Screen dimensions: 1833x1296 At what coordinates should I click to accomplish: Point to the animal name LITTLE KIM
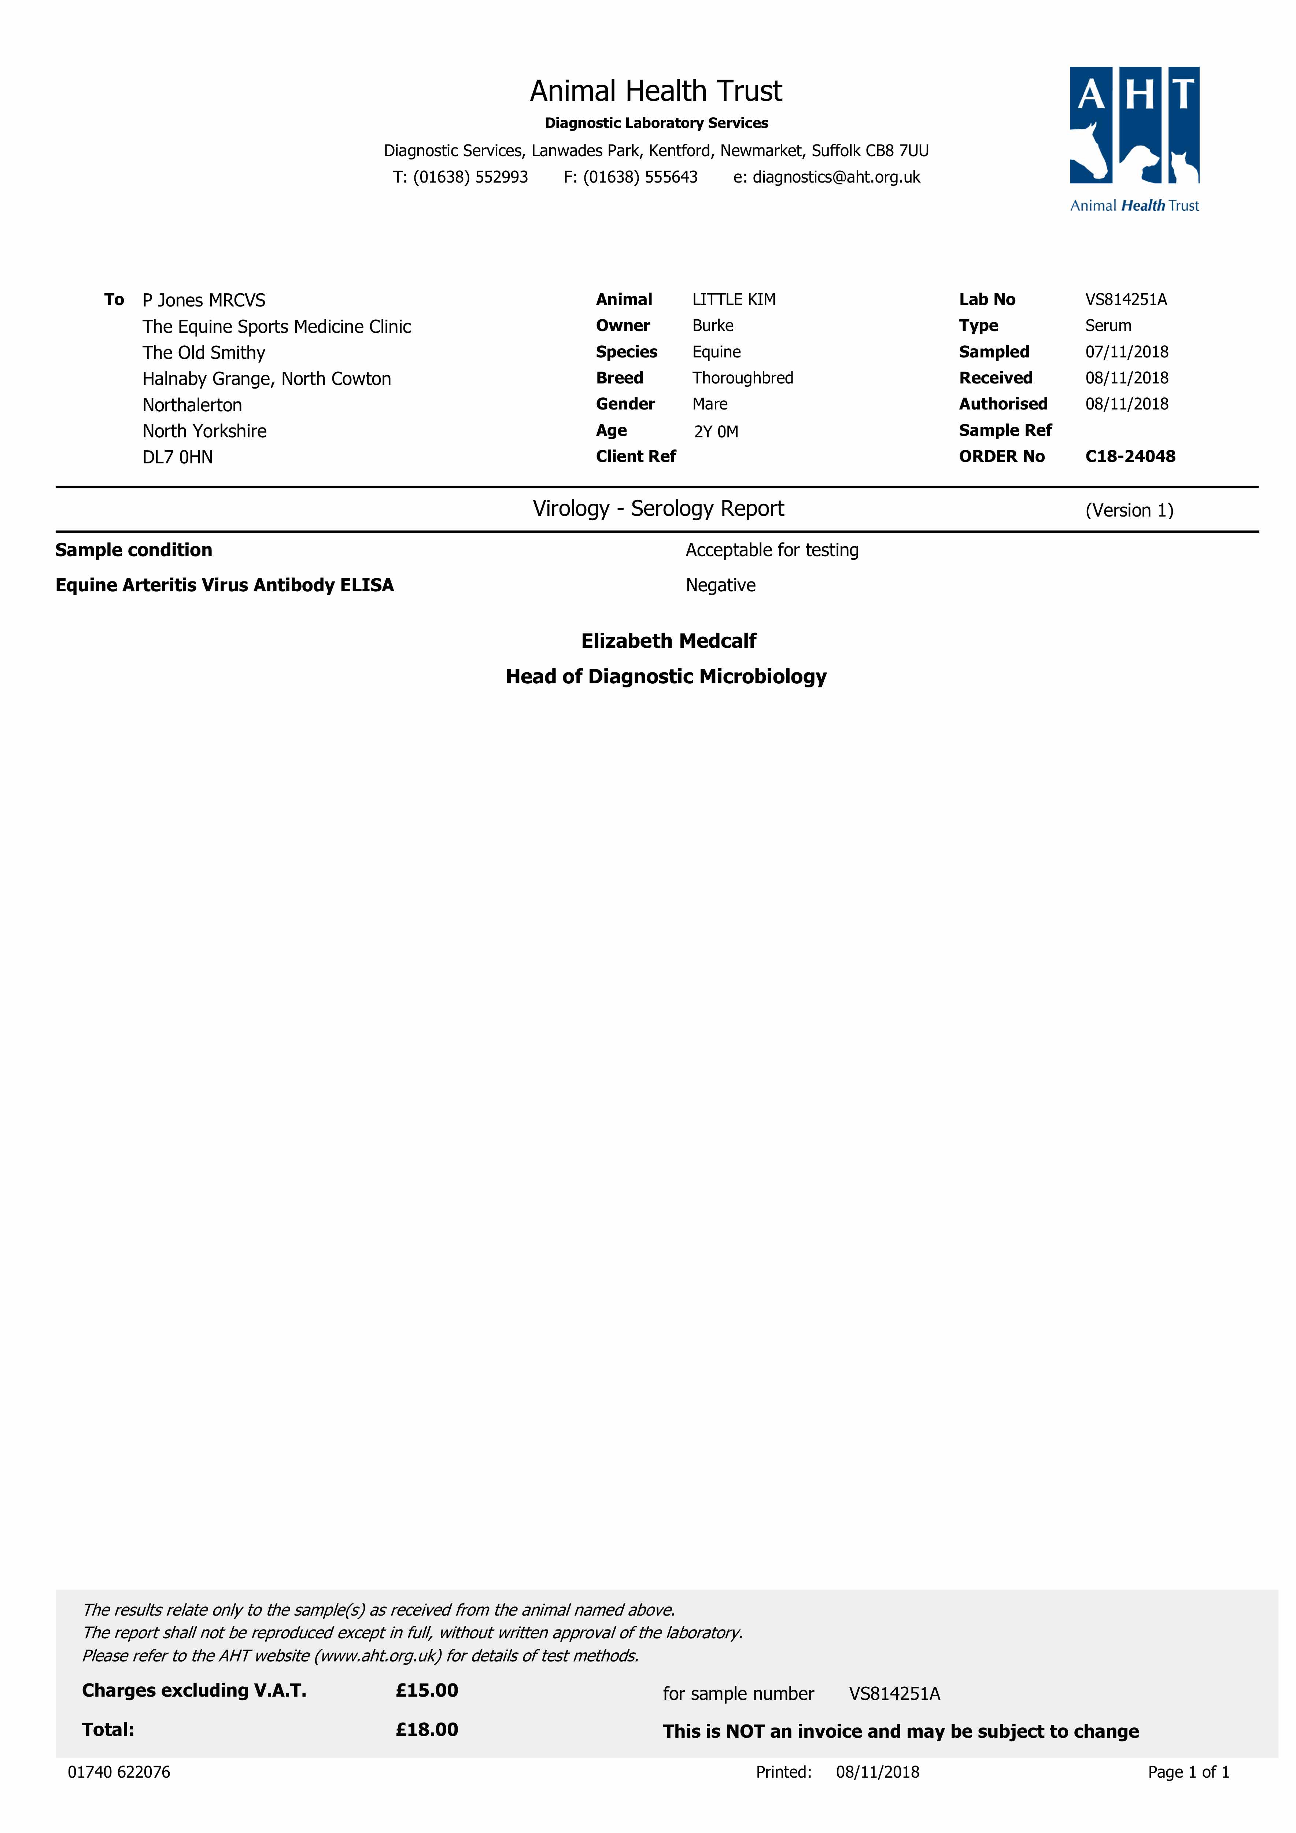(734, 300)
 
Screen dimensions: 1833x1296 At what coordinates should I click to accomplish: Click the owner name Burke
(713, 326)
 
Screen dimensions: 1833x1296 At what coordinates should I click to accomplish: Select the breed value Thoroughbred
(742, 378)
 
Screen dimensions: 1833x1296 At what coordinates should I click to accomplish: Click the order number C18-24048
(1130, 457)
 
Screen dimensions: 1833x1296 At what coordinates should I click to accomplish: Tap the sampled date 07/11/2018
(1126, 352)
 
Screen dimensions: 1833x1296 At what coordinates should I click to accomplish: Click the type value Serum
(1108, 326)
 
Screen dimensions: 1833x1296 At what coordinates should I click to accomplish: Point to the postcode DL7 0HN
(177, 458)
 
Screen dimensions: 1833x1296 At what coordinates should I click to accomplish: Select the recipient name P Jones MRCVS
(203, 300)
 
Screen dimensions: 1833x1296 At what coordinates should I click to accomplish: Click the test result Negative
(720, 585)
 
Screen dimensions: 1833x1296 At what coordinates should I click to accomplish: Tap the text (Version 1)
(1129, 510)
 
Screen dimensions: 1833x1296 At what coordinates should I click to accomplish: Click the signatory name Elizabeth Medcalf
(668, 641)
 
